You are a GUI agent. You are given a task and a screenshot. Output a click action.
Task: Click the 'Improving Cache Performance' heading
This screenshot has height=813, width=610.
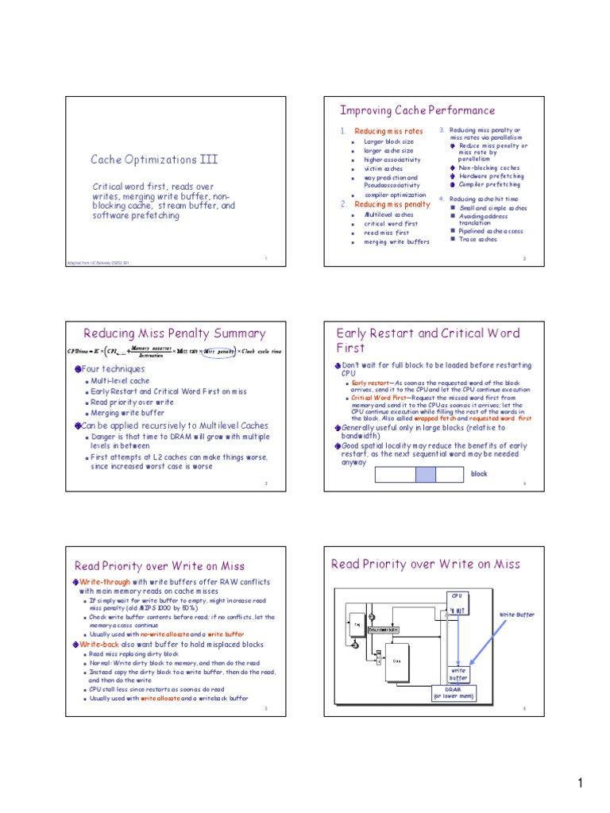[x=417, y=110]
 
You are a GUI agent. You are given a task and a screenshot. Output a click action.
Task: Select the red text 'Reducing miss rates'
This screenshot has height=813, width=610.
[x=388, y=131]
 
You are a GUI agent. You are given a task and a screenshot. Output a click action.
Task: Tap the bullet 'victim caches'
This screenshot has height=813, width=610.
[x=384, y=168]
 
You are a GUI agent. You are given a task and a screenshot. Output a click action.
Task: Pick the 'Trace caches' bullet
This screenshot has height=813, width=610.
[x=478, y=239]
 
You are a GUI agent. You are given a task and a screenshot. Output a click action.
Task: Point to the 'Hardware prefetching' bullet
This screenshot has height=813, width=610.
[x=491, y=175]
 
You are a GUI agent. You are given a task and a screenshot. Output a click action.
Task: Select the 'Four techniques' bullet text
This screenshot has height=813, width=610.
[x=114, y=369]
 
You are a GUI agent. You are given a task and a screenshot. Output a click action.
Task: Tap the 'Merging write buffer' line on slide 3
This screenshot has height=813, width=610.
[x=128, y=413]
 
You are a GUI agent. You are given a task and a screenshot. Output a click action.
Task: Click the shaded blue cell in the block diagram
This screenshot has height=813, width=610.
[x=427, y=474]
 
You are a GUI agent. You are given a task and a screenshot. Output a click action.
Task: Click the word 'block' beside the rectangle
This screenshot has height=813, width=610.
[x=479, y=474]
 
